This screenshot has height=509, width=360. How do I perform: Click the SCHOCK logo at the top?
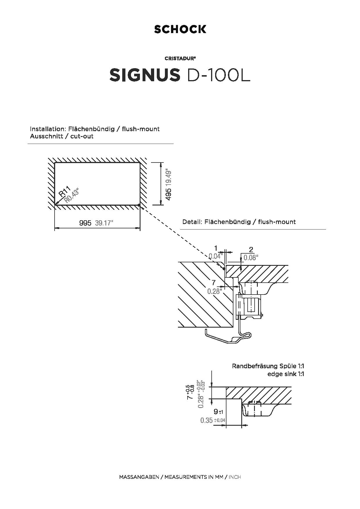(180, 29)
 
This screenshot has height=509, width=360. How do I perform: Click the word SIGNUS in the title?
(145, 75)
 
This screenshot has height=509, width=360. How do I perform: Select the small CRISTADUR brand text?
(180, 58)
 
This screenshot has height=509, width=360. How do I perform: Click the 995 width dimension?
(85, 223)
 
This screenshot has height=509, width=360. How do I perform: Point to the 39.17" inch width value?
(104, 223)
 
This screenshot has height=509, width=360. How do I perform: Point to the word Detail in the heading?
(192, 222)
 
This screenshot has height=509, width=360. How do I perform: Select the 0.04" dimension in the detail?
(216, 256)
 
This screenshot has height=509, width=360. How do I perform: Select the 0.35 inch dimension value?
(206, 420)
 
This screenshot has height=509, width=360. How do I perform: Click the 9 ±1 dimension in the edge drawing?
(218, 411)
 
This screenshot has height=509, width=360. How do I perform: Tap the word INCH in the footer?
(235, 477)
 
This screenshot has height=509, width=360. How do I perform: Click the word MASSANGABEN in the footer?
(139, 477)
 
